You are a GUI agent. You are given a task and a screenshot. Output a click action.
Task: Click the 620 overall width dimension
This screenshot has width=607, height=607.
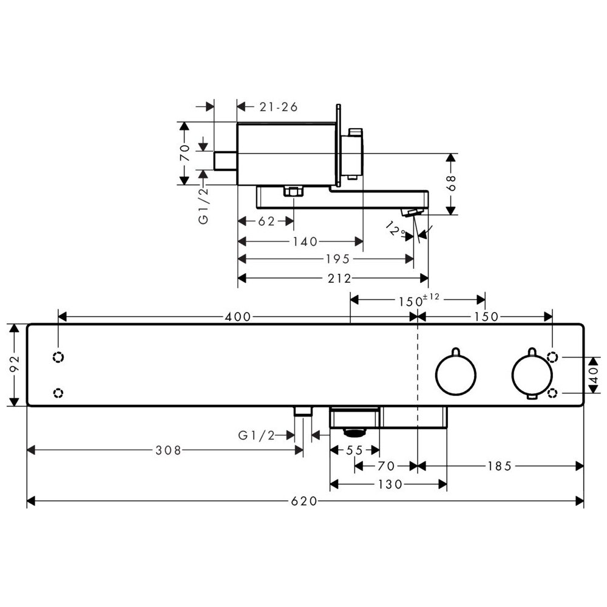click(x=304, y=501)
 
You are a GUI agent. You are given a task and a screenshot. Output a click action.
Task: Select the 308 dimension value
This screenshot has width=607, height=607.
click(x=168, y=450)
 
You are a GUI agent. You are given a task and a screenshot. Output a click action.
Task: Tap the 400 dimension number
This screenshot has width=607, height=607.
click(x=238, y=317)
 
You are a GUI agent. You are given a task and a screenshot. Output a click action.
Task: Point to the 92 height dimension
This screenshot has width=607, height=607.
click(x=14, y=365)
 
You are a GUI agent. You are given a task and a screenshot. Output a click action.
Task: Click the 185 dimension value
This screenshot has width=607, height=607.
click(x=500, y=466)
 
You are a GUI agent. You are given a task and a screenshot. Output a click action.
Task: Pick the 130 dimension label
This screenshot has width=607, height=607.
click(x=390, y=484)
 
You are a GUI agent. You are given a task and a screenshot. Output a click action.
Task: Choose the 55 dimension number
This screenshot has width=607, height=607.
click(x=354, y=450)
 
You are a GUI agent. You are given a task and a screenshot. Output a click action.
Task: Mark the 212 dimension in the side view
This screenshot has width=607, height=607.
click(x=339, y=279)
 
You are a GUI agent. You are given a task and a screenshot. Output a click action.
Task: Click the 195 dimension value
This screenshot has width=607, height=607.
click(x=338, y=259)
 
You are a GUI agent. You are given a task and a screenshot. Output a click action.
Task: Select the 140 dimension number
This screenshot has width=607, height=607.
click(x=305, y=242)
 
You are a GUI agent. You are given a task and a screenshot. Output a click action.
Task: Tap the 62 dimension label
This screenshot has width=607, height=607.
click(x=266, y=222)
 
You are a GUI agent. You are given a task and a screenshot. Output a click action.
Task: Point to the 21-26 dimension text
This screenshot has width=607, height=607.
click(x=279, y=107)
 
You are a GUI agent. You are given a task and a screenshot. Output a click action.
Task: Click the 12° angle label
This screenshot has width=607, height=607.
click(x=395, y=229)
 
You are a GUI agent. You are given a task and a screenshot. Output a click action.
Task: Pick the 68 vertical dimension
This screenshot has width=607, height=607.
click(x=452, y=183)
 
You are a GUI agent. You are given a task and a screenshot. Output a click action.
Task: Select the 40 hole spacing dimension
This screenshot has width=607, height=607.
click(x=593, y=375)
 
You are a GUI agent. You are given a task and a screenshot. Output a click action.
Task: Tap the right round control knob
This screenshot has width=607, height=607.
click(x=532, y=373)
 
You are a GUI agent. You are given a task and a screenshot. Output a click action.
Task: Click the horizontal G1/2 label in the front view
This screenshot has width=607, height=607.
click(x=256, y=435)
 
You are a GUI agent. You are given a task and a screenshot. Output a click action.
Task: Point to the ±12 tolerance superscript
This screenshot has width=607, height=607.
click(x=431, y=297)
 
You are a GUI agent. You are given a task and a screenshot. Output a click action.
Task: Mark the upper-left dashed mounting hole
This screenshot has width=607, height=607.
click(x=58, y=357)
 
